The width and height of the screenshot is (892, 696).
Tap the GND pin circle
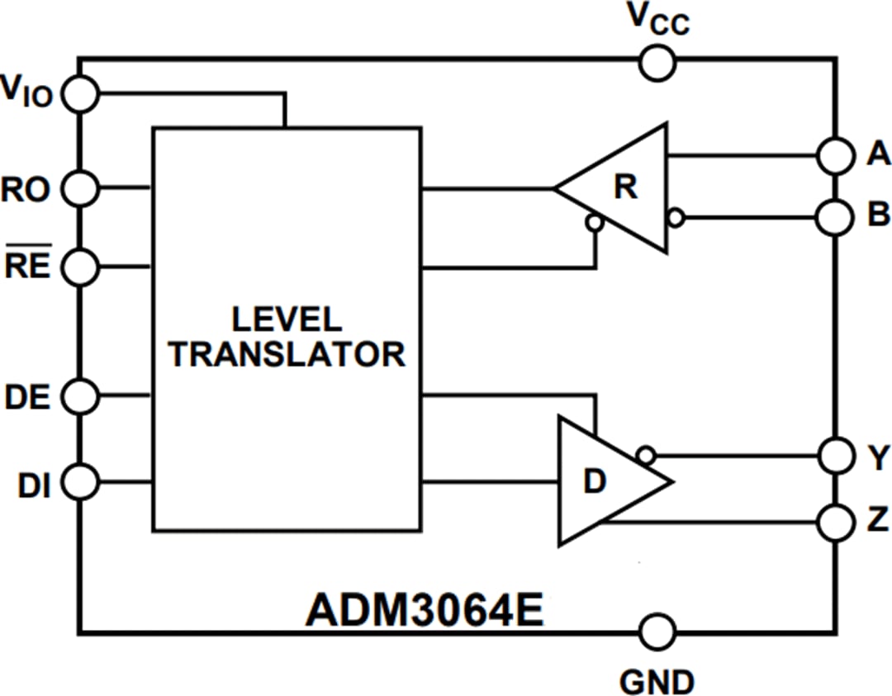658,632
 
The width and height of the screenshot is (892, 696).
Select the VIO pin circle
81,94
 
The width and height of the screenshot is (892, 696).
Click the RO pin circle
81,189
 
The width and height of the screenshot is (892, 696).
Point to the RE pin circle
81,267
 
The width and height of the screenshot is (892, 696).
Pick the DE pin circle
81,396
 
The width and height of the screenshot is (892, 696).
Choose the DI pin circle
81,481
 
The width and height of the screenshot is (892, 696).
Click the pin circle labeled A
835,154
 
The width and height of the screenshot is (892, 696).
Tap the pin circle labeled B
835,218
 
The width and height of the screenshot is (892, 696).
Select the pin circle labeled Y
835,454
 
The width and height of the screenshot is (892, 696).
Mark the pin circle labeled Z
835,522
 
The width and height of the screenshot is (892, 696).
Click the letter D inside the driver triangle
594,482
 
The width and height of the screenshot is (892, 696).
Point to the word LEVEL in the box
286,320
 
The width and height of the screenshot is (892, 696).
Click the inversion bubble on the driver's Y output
647,454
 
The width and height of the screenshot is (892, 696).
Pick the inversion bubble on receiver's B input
676,218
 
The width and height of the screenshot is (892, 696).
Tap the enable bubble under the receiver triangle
593,222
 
